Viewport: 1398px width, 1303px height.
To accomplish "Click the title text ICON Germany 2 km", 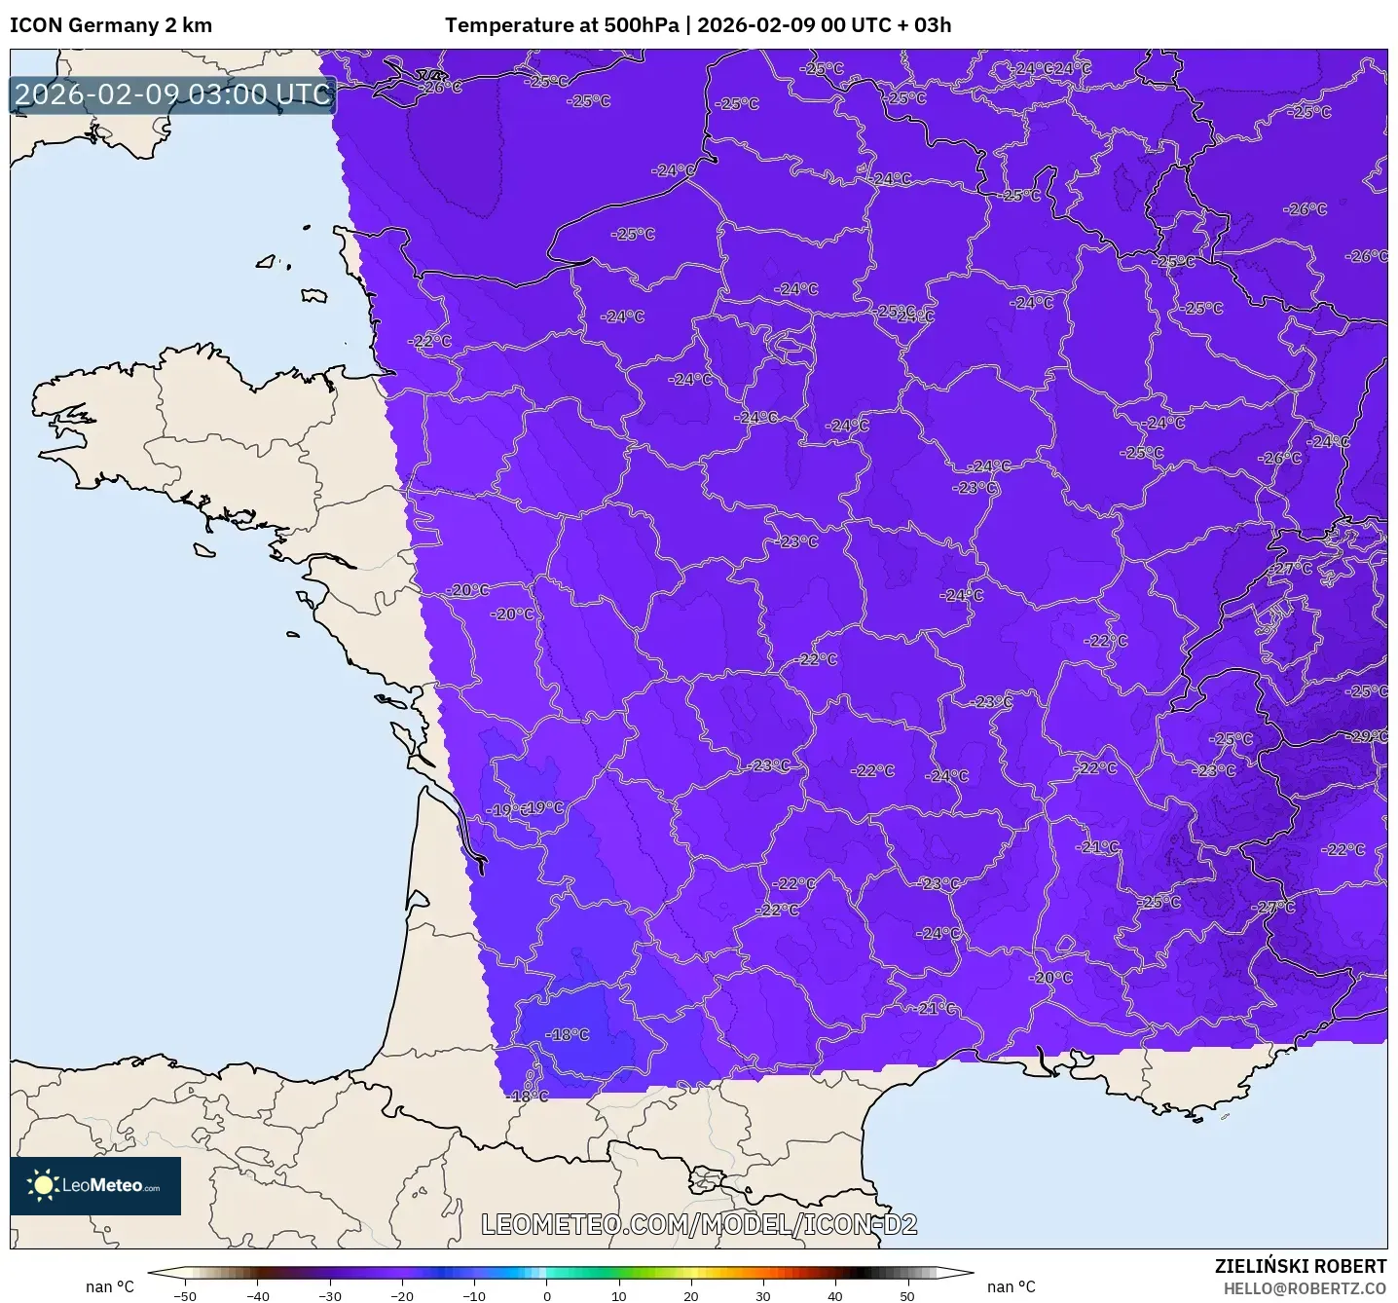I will [111, 25].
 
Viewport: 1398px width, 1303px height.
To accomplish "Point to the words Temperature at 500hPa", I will [562, 25].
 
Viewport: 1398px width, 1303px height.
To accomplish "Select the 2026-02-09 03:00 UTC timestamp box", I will [172, 94].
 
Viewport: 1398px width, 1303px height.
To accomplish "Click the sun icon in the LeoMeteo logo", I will [43, 1185].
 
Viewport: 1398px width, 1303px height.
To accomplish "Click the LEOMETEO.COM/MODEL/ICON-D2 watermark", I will [699, 1224].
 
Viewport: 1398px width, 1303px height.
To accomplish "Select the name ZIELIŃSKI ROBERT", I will [1301, 1266].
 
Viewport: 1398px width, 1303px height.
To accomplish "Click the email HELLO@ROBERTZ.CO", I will [1305, 1288].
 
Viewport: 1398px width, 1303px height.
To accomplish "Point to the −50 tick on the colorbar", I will [184, 1296].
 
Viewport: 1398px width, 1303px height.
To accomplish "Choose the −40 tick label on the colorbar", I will [257, 1296].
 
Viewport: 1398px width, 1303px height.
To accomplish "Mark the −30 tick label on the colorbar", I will [329, 1296].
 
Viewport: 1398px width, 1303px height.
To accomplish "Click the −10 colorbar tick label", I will [473, 1296].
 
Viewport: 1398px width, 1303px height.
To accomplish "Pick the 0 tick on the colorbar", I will [547, 1296].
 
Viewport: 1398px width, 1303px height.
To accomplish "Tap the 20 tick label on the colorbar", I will [691, 1296].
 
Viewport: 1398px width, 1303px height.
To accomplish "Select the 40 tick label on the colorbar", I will [835, 1296].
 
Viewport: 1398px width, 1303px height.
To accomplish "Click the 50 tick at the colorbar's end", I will [907, 1296].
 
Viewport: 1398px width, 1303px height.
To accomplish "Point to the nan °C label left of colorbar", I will [110, 1287].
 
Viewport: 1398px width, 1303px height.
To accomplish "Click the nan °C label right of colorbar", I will [1012, 1287].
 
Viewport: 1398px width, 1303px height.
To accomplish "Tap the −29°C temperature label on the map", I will [1369, 736].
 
